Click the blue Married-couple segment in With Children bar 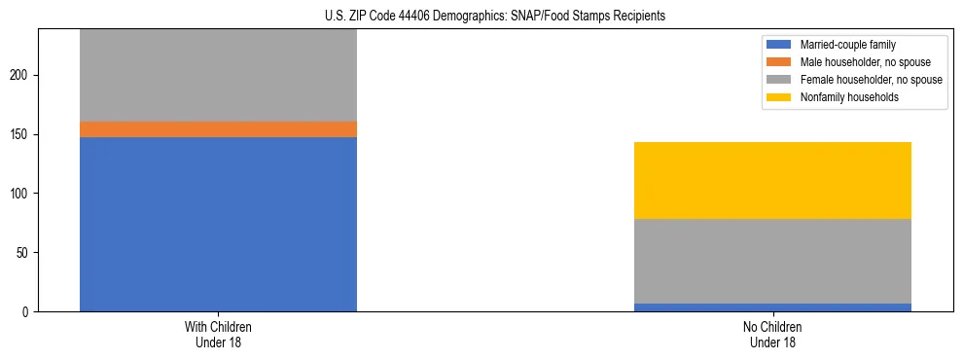pyautogui.click(x=218, y=224)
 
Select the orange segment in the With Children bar pyautogui.click(x=218, y=129)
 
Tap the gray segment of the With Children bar pyautogui.click(x=218, y=76)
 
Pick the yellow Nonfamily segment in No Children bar pyautogui.click(x=772, y=180)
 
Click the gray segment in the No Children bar pyautogui.click(x=772, y=261)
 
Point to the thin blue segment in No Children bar pyautogui.click(x=772, y=307)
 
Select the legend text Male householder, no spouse pyautogui.click(x=858, y=62)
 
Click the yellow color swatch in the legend pyautogui.click(x=780, y=97)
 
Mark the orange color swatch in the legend pyautogui.click(x=780, y=62)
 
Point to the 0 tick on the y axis pyautogui.click(x=28, y=312)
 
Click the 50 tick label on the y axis pyautogui.click(x=25, y=253)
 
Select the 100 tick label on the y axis pyautogui.click(x=22, y=194)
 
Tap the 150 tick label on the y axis pyautogui.click(x=22, y=134)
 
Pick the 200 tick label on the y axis pyautogui.click(x=22, y=75)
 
